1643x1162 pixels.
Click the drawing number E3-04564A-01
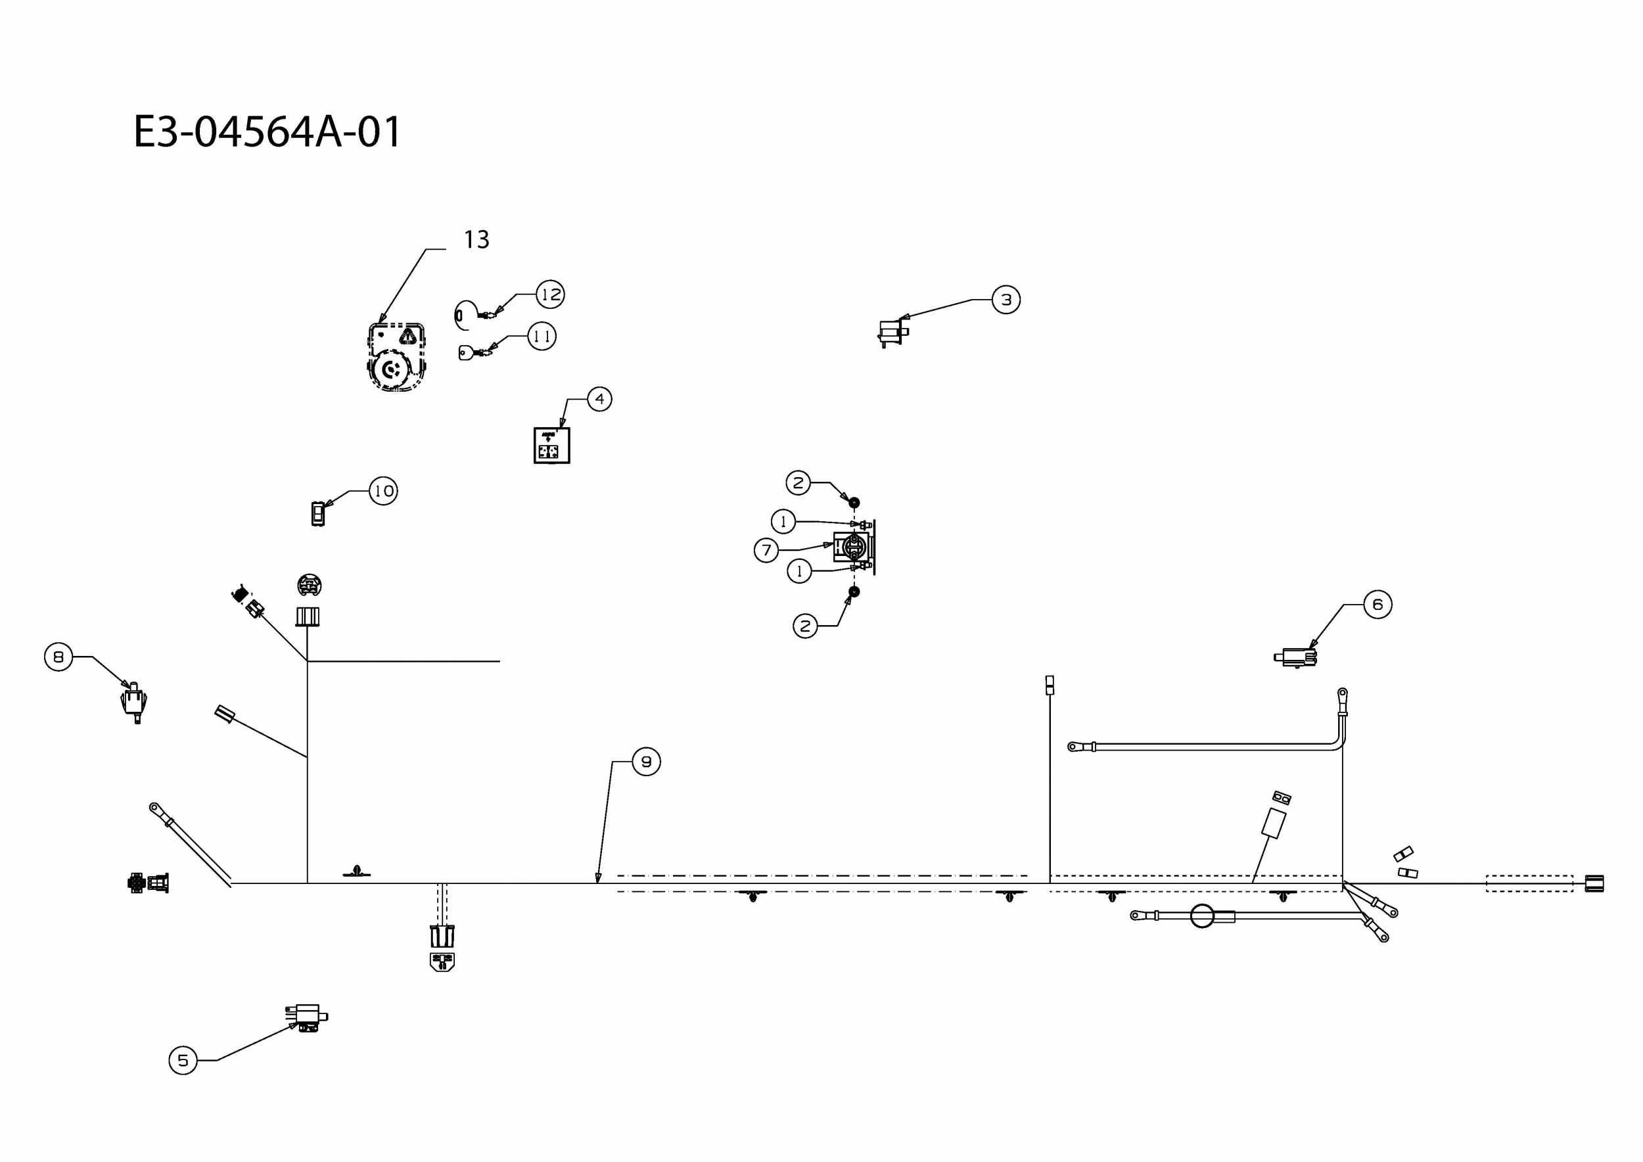[x=267, y=132]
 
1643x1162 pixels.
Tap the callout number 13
[x=476, y=240]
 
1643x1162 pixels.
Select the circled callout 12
[x=550, y=294]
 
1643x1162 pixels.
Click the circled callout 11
[x=542, y=337]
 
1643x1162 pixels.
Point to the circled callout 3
[x=1006, y=300]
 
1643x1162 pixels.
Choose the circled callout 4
[x=599, y=398]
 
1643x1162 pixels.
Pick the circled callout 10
[x=383, y=491]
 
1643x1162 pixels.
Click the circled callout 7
[x=766, y=550]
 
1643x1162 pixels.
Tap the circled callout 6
[x=1377, y=605]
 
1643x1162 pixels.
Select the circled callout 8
[x=58, y=657]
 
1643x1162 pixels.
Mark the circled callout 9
[x=646, y=762]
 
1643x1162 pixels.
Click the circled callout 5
[x=183, y=1060]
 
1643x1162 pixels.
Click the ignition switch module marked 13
[x=397, y=357]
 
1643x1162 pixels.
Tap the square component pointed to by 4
[x=552, y=446]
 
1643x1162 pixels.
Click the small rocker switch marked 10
[x=317, y=513]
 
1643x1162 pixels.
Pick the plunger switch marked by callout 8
[x=134, y=702]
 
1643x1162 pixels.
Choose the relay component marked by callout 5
[x=307, y=1017]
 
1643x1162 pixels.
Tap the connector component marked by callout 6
[x=1295, y=657]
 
